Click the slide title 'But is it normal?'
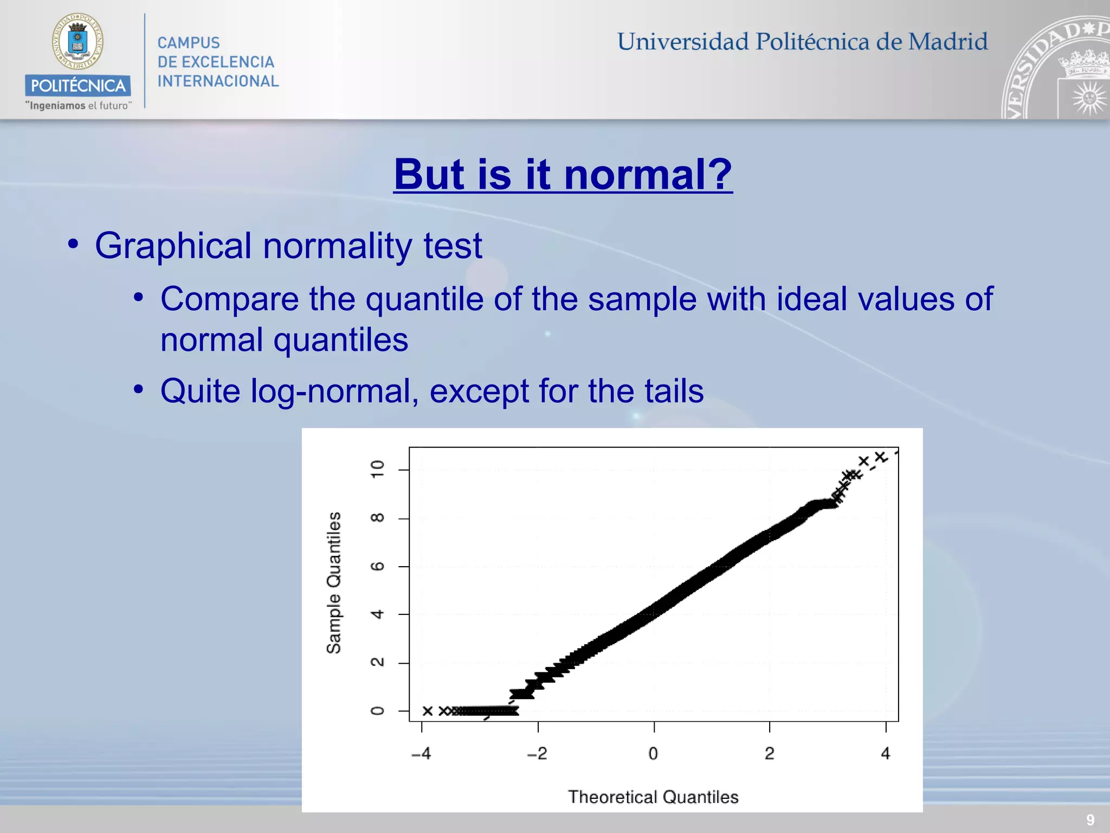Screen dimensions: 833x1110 pos(563,175)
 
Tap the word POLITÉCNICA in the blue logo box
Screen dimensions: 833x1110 pos(78,86)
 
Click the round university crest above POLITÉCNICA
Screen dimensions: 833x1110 pos(78,42)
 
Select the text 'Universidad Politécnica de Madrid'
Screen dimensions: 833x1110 pos(802,42)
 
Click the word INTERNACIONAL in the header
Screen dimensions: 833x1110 pos(218,81)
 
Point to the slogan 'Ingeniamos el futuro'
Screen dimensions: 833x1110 pos(78,106)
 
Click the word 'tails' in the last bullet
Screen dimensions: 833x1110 pos(674,392)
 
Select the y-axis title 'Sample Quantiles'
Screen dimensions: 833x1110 pos(334,583)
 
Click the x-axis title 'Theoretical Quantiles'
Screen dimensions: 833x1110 pos(653,797)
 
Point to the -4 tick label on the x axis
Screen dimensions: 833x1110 pos(421,753)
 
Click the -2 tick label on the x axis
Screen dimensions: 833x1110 pos(537,753)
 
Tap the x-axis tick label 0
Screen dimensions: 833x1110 pos(653,753)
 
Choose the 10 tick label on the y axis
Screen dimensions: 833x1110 pos(377,469)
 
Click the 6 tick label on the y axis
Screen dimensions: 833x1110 pos(377,566)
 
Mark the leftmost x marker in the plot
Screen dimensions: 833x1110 pos(428,711)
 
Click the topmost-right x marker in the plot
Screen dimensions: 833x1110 pos(880,457)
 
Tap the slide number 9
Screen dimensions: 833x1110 pos(1090,820)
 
